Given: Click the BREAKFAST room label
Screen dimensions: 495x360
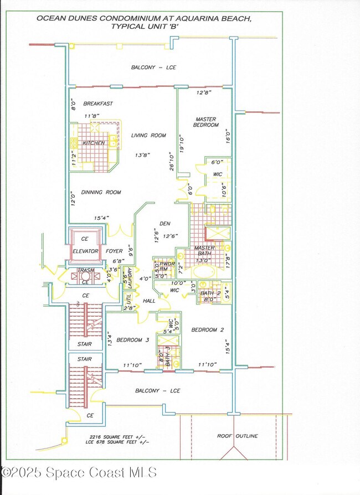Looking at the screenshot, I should (98, 104).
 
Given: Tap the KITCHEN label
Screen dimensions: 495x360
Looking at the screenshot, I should (94, 143).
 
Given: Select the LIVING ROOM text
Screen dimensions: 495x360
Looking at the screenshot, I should (148, 136).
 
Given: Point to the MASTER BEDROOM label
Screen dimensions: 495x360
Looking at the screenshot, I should (205, 122).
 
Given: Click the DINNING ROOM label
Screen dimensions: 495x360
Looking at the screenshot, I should (101, 192).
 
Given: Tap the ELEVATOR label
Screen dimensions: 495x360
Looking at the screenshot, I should (85, 251).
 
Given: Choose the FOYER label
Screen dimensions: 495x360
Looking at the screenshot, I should (114, 251).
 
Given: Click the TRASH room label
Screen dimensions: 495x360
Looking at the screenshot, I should (85, 271).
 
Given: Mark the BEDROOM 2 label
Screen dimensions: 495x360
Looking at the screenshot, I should (207, 330).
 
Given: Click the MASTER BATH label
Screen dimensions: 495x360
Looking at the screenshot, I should (204, 251).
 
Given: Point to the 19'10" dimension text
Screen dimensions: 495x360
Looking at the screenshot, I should (181, 143).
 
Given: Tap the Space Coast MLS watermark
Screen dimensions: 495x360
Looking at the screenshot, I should (79, 472).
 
